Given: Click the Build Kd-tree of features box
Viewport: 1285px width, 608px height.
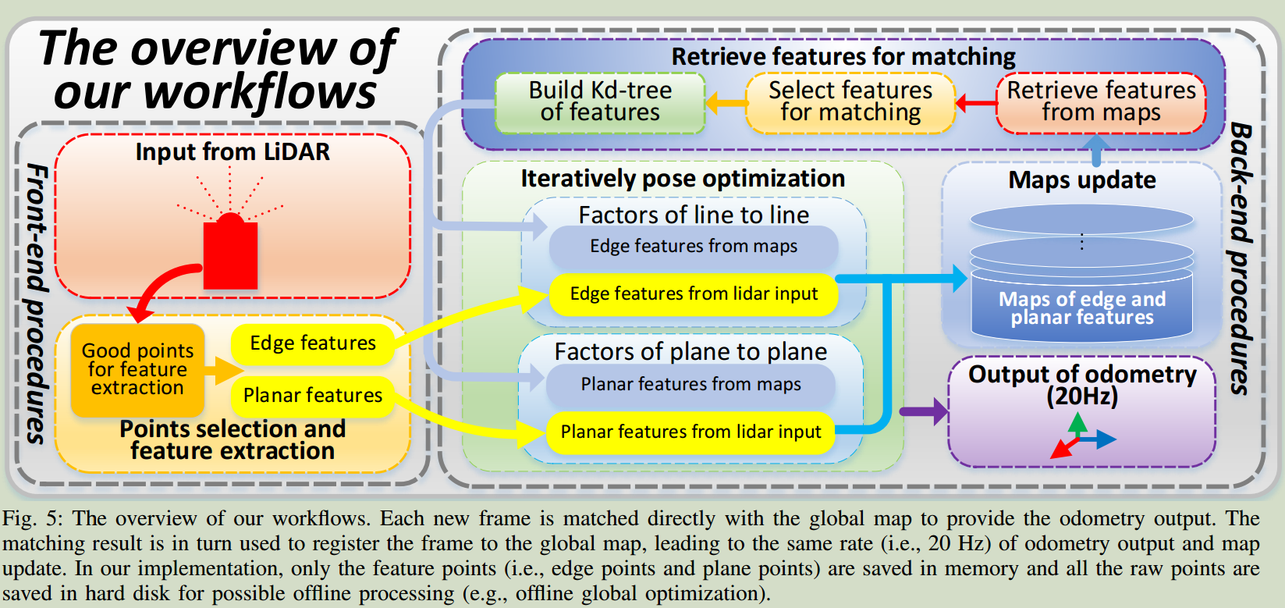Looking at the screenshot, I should tap(600, 102).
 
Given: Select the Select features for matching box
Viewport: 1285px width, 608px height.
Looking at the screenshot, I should tap(850, 102).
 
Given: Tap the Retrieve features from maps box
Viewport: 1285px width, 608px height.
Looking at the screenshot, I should tap(1101, 102).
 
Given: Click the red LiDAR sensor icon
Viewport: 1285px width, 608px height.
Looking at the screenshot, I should tap(230, 251).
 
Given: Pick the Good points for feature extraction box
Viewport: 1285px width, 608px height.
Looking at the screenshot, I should tap(137, 370).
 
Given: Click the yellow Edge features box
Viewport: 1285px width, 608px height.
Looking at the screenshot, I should tap(312, 343).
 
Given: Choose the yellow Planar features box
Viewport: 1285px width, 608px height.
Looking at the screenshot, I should tap(312, 396).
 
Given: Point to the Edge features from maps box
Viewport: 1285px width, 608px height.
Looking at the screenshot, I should tap(694, 247).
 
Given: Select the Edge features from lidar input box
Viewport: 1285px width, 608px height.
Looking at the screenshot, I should tap(694, 294).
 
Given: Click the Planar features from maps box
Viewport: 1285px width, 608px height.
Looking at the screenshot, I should tap(690, 385).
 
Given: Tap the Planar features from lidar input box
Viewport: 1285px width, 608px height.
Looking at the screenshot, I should tap(690, 432).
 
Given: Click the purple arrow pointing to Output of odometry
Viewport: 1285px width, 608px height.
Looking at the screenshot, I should tap(924, 411).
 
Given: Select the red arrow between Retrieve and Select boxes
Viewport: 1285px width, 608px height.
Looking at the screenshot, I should tap(976, 102).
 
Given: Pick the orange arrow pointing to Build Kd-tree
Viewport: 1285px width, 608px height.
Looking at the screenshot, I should tap(726, 102).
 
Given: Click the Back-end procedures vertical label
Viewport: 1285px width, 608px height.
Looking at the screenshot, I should tap(1241, 258).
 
